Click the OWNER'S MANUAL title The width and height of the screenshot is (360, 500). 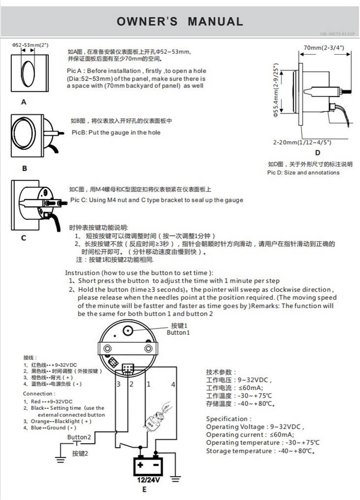[180, 22]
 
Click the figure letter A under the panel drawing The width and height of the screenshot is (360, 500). [24, 102]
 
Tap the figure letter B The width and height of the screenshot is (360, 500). [24, 168]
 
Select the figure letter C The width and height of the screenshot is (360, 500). [24, 238]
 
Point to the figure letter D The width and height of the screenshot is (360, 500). [318, 152]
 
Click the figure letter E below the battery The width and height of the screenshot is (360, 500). [144, 489]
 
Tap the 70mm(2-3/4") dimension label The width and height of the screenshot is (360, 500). [324, 48]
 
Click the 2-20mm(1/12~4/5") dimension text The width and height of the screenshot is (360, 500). [302, 142]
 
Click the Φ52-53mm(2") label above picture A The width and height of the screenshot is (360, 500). [30, 45]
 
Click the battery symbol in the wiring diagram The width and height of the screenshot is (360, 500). [148, 466]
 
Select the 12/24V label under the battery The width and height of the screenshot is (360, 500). [148, 480]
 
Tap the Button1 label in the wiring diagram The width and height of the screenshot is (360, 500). [178, 332]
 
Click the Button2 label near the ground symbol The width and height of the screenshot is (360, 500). [79, 437]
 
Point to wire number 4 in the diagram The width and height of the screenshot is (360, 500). [173, 384]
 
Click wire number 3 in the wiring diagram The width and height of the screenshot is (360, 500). [119, 384]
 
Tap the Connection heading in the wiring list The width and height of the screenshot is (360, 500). [39, 394]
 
